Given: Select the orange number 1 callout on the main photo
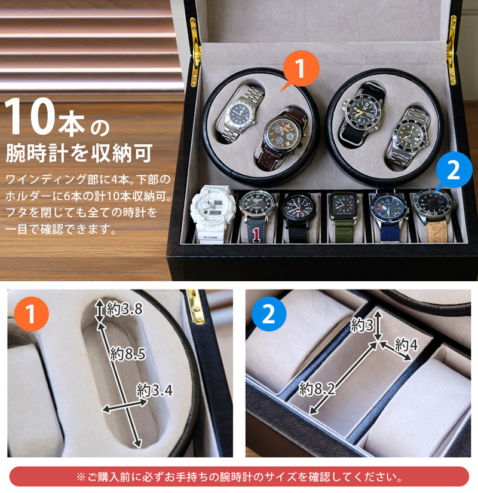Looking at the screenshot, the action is (300, 70).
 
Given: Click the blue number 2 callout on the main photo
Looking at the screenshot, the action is (452, 171).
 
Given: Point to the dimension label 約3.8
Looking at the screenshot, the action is (124, 309).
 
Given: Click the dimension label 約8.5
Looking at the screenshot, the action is (128, 354).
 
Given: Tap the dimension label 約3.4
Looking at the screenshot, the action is (155, 390).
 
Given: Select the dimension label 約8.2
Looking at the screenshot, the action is (317, 389).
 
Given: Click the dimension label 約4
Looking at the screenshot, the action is (406, 345).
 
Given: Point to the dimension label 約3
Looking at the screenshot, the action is (362, 324).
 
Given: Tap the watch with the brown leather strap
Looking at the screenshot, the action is (281, 138).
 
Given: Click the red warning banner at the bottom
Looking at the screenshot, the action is (239, 477).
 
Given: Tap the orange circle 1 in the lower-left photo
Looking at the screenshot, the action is (31, 314).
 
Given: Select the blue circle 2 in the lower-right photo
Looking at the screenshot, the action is (269, 314).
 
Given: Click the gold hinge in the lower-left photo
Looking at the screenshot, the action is (195, 306).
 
